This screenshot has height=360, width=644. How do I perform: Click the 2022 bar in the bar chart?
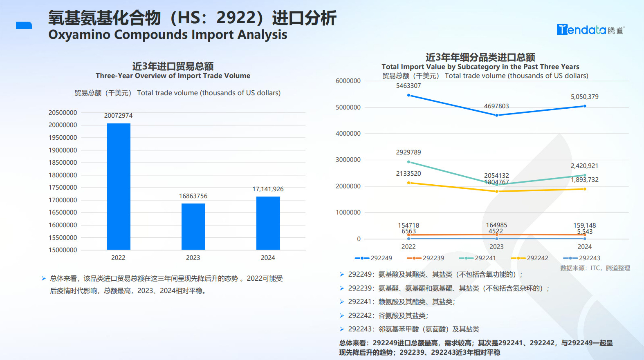[119, 186]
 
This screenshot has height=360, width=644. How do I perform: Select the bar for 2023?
[193, 226]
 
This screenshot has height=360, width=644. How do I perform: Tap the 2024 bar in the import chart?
[268, 223]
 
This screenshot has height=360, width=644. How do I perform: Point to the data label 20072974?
[119, 116]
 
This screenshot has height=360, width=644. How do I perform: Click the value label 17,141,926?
[268, 189]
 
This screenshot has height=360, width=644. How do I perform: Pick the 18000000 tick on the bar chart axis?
[63, 175]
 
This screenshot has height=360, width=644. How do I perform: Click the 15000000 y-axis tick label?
[63, 250]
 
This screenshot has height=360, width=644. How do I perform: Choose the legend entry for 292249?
[374, 258]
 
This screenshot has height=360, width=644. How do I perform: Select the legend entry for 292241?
[478, 258]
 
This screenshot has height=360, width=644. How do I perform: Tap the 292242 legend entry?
[530, 258]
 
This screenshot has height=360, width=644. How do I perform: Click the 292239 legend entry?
[426, 258]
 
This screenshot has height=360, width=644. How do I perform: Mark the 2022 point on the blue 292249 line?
[408, 95]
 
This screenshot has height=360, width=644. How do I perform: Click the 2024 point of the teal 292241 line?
[585, 175]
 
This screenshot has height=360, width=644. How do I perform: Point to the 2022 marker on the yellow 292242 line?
[408, 183]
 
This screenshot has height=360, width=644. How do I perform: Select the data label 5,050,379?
[585, 97]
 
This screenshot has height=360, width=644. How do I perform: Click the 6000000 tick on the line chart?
[348, 81]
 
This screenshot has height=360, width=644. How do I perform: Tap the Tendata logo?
[590, 30]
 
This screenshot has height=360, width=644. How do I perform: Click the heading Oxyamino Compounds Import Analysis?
[168, 35]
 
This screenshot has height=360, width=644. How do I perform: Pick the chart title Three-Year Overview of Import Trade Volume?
[173, 76]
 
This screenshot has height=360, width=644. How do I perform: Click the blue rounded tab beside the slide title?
[24, 25]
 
